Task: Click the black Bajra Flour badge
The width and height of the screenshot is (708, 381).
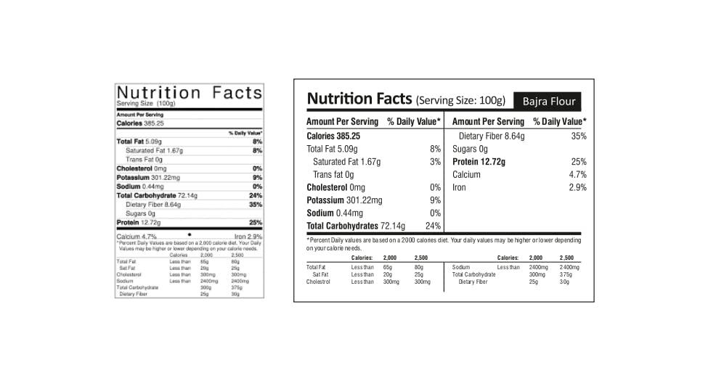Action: [548, 101]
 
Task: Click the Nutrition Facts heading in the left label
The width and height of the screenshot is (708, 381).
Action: [189, 92]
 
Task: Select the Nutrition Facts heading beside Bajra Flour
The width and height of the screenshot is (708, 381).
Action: [359, 99]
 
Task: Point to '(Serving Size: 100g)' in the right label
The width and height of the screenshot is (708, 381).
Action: [460, 100]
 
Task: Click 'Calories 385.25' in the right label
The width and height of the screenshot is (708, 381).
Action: [333, 136]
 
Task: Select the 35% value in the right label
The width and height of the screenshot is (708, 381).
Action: [579, 136]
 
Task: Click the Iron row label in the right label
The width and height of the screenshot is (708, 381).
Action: [460, 188]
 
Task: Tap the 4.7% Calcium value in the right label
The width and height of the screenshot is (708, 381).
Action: [578, 175]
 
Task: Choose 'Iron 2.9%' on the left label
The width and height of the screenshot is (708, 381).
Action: [248, 237]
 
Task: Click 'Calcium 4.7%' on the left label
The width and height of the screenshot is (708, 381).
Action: [137, 237]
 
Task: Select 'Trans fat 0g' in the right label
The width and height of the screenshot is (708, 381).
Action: [333, 175]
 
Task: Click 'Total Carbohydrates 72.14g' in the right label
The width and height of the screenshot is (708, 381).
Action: [356, 226]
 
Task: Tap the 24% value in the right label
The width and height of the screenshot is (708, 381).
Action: [433, 226]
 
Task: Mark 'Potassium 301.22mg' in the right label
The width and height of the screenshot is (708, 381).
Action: [344, 200]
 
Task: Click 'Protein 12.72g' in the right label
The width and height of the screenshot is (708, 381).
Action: [479, 162]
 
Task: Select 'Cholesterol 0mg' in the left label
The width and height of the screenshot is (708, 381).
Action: [142, 168]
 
